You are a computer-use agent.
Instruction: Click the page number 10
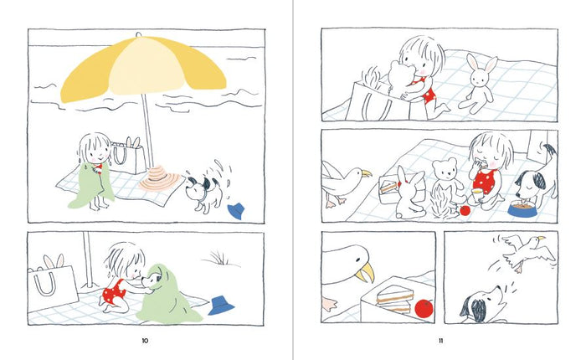click(x=145, y=341)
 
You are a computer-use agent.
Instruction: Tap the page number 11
click(x=441, y=341)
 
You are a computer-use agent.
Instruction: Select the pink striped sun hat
click(x=161, y=178)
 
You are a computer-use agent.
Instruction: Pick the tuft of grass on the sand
click(x=219, y=258)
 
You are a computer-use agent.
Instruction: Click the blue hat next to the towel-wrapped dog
click(x=220, y=306)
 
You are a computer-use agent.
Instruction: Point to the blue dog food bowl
click(x=523, y=208)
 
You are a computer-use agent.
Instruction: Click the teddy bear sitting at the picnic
click(x=448, y=177)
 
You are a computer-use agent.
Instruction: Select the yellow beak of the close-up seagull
click(x=365, y=273)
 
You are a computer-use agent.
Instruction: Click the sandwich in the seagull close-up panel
click(x=395, y=298)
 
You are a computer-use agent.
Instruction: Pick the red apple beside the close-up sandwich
click(x=424, y=308)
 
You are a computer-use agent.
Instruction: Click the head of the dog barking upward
click(x=481, y=303)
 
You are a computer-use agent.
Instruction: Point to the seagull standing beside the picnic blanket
click(x=344, y=183)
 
